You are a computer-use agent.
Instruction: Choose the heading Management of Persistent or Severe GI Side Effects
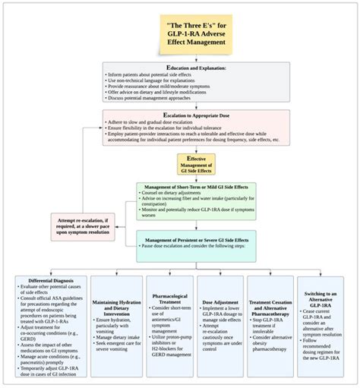coord(197,239)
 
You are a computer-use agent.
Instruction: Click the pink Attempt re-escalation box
coord(82,227)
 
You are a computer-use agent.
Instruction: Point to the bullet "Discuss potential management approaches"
coord(158,98)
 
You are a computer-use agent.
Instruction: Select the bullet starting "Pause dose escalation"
coord(201,247)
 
